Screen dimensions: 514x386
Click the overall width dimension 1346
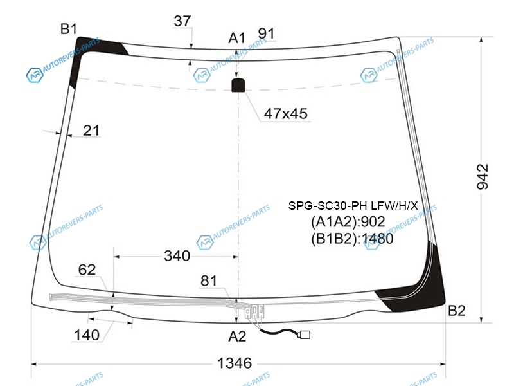(235, 363)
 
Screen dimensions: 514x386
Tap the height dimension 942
(483, 176)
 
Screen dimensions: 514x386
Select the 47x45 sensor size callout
(285, 114)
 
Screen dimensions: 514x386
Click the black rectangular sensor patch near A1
(238, 85)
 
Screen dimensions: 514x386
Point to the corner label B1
(69, 29)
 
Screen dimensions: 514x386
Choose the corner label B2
(457, 310)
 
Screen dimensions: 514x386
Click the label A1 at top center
(236, 38)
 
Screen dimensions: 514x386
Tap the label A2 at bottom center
(237, 336)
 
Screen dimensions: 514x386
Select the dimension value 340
(177, 255)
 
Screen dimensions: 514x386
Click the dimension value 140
(87, 335)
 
